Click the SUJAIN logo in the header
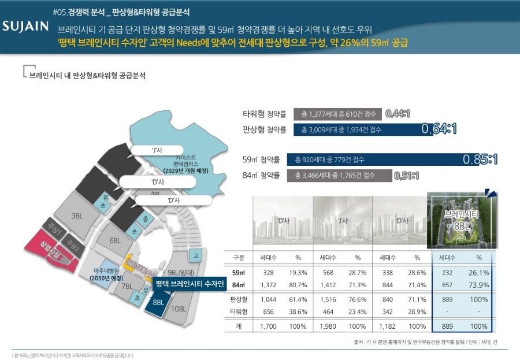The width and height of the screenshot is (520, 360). click(24, 27)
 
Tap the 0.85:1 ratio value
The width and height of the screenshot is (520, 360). click(480, 159)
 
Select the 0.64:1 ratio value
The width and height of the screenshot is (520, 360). click(439, 129)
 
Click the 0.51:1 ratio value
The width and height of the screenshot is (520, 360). click(406, 175)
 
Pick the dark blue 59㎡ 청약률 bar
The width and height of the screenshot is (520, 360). click(376, 159)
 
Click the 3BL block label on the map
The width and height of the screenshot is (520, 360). click(77, 216)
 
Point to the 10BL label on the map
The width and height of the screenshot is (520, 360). click(179, 309)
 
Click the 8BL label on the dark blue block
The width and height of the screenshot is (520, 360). click(158, 302)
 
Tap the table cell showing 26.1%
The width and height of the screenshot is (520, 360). click(478, 272)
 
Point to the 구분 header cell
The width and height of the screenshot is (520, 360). click(239, 257)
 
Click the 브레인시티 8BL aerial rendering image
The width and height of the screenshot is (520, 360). click(460, 222)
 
